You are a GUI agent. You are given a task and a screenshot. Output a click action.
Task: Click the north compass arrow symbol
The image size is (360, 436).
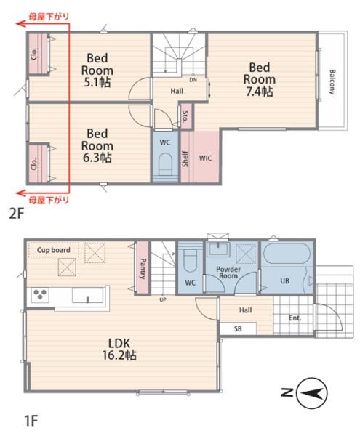point(312,393)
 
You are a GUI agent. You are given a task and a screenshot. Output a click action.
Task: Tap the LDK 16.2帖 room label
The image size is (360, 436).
point(119,349)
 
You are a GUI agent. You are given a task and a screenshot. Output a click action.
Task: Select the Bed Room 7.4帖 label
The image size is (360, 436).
point(260,79)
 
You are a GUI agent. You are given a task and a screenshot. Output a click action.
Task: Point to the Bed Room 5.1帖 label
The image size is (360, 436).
point(97,70)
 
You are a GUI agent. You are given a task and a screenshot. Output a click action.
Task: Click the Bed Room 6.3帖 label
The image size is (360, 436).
point(97,145)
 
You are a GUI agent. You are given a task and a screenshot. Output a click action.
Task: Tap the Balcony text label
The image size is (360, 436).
point(332,82)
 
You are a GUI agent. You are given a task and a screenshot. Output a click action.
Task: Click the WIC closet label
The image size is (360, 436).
point(205,158)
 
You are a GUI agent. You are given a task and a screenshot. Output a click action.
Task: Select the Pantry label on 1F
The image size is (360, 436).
point(143,269)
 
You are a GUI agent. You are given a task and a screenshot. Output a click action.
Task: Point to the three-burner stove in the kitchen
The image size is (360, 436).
point(40,294)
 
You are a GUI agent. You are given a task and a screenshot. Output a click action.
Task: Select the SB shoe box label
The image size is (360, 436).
point(238,328)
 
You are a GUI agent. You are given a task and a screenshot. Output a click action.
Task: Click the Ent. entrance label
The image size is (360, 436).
point(295,318)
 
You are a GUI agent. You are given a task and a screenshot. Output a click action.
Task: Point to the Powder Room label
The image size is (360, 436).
point(228,272)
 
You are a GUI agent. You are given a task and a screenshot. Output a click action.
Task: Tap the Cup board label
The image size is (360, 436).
point(53,250)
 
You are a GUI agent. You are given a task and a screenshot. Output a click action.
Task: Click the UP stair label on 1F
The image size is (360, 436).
point(163,300)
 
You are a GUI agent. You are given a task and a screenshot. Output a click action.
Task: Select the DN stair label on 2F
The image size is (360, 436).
point(193,80)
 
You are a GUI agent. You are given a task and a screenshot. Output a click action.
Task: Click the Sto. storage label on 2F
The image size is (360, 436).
point(185,117)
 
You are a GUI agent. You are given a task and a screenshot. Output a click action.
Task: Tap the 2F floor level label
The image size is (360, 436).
point(17,214)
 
